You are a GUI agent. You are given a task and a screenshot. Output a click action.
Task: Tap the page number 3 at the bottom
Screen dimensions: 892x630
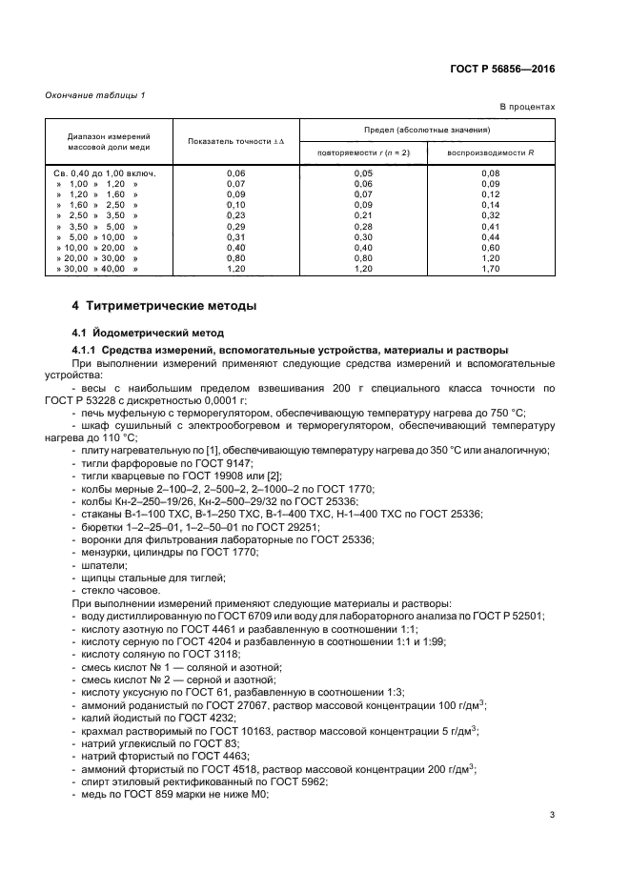(x=553, y=814)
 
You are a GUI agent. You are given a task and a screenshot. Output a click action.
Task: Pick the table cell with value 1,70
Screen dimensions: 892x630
(x=491, y=270)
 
